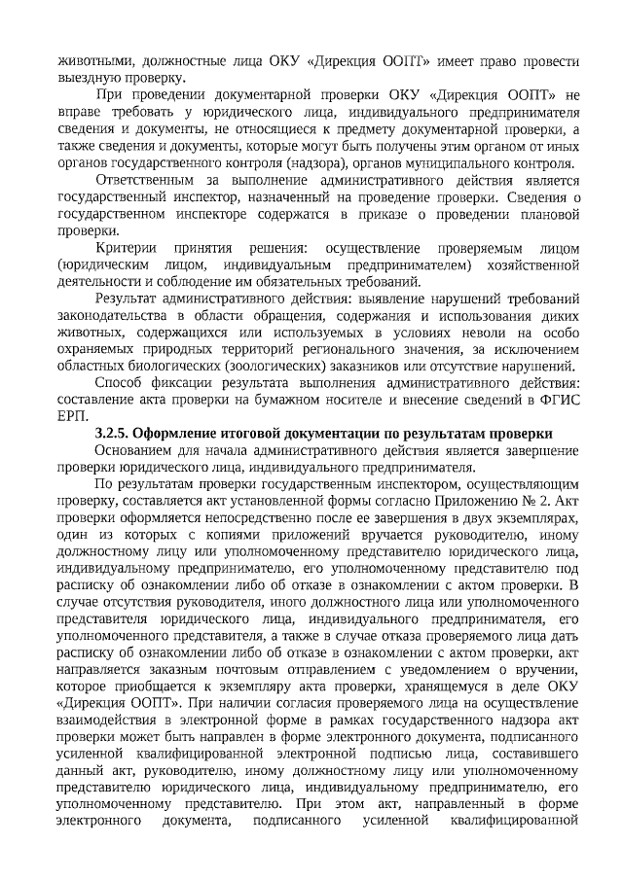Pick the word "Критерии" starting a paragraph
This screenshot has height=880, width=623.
tap(129, 248)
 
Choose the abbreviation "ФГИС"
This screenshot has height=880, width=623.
tap(559, 400)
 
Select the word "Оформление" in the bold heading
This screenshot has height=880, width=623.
tap(177, 433)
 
